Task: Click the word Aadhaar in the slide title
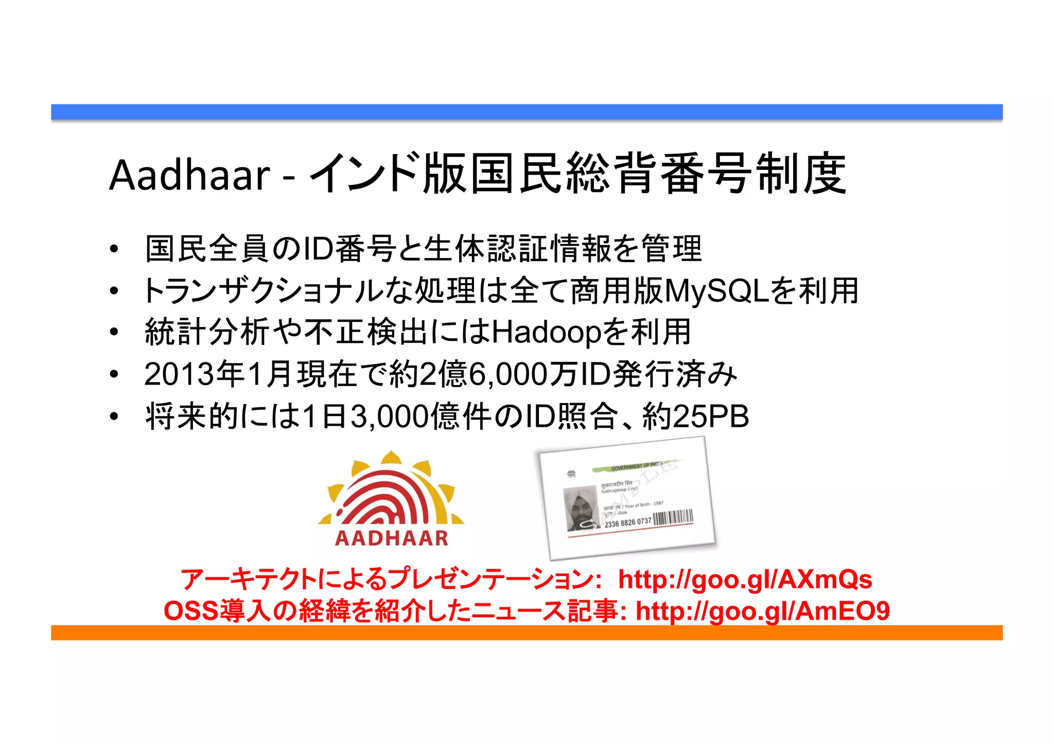tap(189, 175)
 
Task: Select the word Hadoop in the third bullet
tap(547, 333)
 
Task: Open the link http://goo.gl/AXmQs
tap(745, 580)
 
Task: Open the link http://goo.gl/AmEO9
tap(763, 611)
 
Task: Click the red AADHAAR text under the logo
tap(392, 539)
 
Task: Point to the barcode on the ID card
tap(673, 517)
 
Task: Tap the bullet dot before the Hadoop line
tap(114, 333)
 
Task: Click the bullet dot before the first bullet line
tap(114, 249)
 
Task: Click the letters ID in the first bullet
tap(318, 249)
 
